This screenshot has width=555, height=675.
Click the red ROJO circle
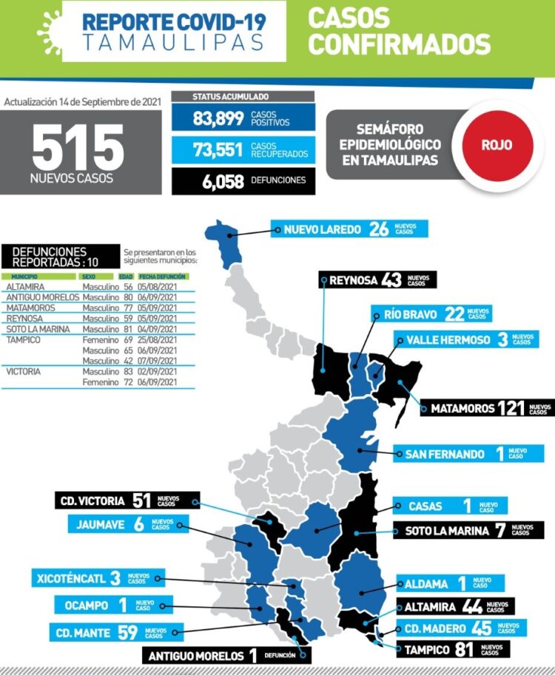coord(497,145)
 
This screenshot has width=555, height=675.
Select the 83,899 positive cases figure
coord(218,118)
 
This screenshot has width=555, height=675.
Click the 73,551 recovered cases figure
coord(218,150)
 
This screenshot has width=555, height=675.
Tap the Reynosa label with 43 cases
coord(377,280)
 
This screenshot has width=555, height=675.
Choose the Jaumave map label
coord(129,524)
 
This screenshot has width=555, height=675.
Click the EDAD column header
coord(125,276)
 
